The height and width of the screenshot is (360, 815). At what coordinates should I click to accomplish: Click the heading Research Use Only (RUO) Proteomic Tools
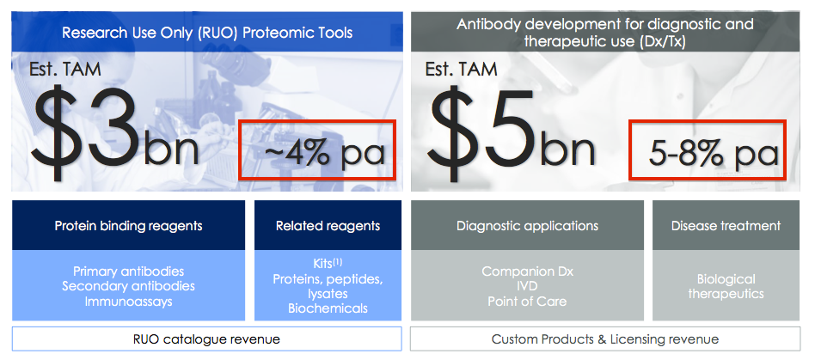[207, 33]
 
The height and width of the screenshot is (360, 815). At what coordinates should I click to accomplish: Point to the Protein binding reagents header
[128, 225]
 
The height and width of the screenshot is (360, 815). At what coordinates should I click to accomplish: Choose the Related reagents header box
[328, 225]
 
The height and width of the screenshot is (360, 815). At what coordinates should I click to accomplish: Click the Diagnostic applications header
[528, 225]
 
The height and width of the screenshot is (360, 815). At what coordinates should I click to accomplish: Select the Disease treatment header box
[726, 225]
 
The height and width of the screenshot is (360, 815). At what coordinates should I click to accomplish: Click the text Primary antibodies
[128, 272]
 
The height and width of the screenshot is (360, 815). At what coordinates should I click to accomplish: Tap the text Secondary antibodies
[128, 286]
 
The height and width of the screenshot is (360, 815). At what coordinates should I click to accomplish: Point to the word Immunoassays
[128, 302]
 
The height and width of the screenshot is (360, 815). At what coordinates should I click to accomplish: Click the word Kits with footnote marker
[328, 264]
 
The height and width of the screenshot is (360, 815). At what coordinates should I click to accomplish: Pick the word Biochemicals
[328, 308]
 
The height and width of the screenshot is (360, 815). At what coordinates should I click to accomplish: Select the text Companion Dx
[528, 272]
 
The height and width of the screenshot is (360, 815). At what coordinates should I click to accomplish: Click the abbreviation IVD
[528, 286]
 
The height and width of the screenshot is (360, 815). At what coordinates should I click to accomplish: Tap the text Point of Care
[528, 302]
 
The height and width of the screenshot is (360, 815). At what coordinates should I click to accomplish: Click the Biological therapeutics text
[726, 286]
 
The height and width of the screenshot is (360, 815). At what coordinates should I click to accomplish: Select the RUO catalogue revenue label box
[207, 339]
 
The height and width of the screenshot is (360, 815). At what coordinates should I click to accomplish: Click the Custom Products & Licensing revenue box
[605, 339]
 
